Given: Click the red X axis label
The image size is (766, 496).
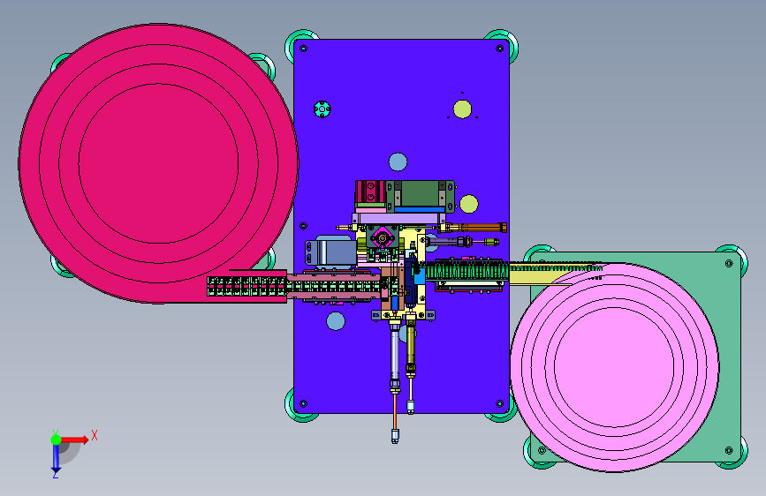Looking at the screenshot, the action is pos(95,435).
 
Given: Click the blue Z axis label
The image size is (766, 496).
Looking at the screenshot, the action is pos(56,474).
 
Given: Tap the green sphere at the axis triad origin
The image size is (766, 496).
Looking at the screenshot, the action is pos(57,440).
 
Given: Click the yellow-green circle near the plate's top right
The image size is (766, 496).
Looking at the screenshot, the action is pos(462,109).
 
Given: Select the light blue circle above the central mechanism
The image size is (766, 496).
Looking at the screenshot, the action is pos(398,162).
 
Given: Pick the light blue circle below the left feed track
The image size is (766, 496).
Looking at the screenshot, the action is pos(336,321).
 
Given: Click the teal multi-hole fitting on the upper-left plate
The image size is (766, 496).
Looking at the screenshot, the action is pos(322,109).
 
